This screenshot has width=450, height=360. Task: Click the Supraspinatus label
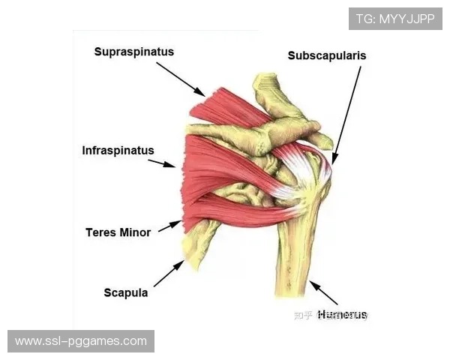pos(134,52)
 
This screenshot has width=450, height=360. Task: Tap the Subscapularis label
pos(327,55)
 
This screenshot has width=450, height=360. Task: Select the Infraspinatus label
pos(118,151)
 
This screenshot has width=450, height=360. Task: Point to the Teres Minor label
pos(118,232)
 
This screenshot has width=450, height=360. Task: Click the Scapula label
pos(125,292)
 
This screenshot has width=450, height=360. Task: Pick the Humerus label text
pos(342,314)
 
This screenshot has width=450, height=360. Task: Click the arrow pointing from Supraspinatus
pos(181,79)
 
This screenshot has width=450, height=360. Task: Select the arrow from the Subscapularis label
pos(346,112)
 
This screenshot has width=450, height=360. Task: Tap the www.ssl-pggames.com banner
pos(81,341)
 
